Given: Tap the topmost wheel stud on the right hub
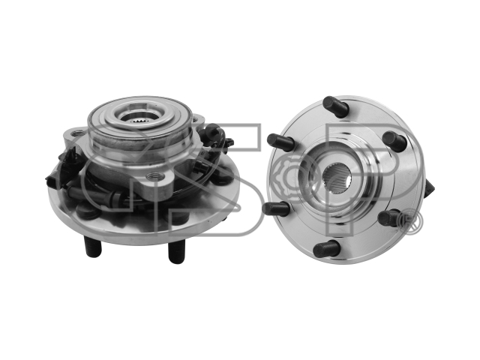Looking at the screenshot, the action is point(336,106).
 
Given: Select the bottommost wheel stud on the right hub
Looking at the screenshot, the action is point(327,249).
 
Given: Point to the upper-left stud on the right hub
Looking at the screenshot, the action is point(280,141).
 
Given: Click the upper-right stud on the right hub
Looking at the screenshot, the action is point(395,141).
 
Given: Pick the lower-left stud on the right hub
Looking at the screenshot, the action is point(276,208).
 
